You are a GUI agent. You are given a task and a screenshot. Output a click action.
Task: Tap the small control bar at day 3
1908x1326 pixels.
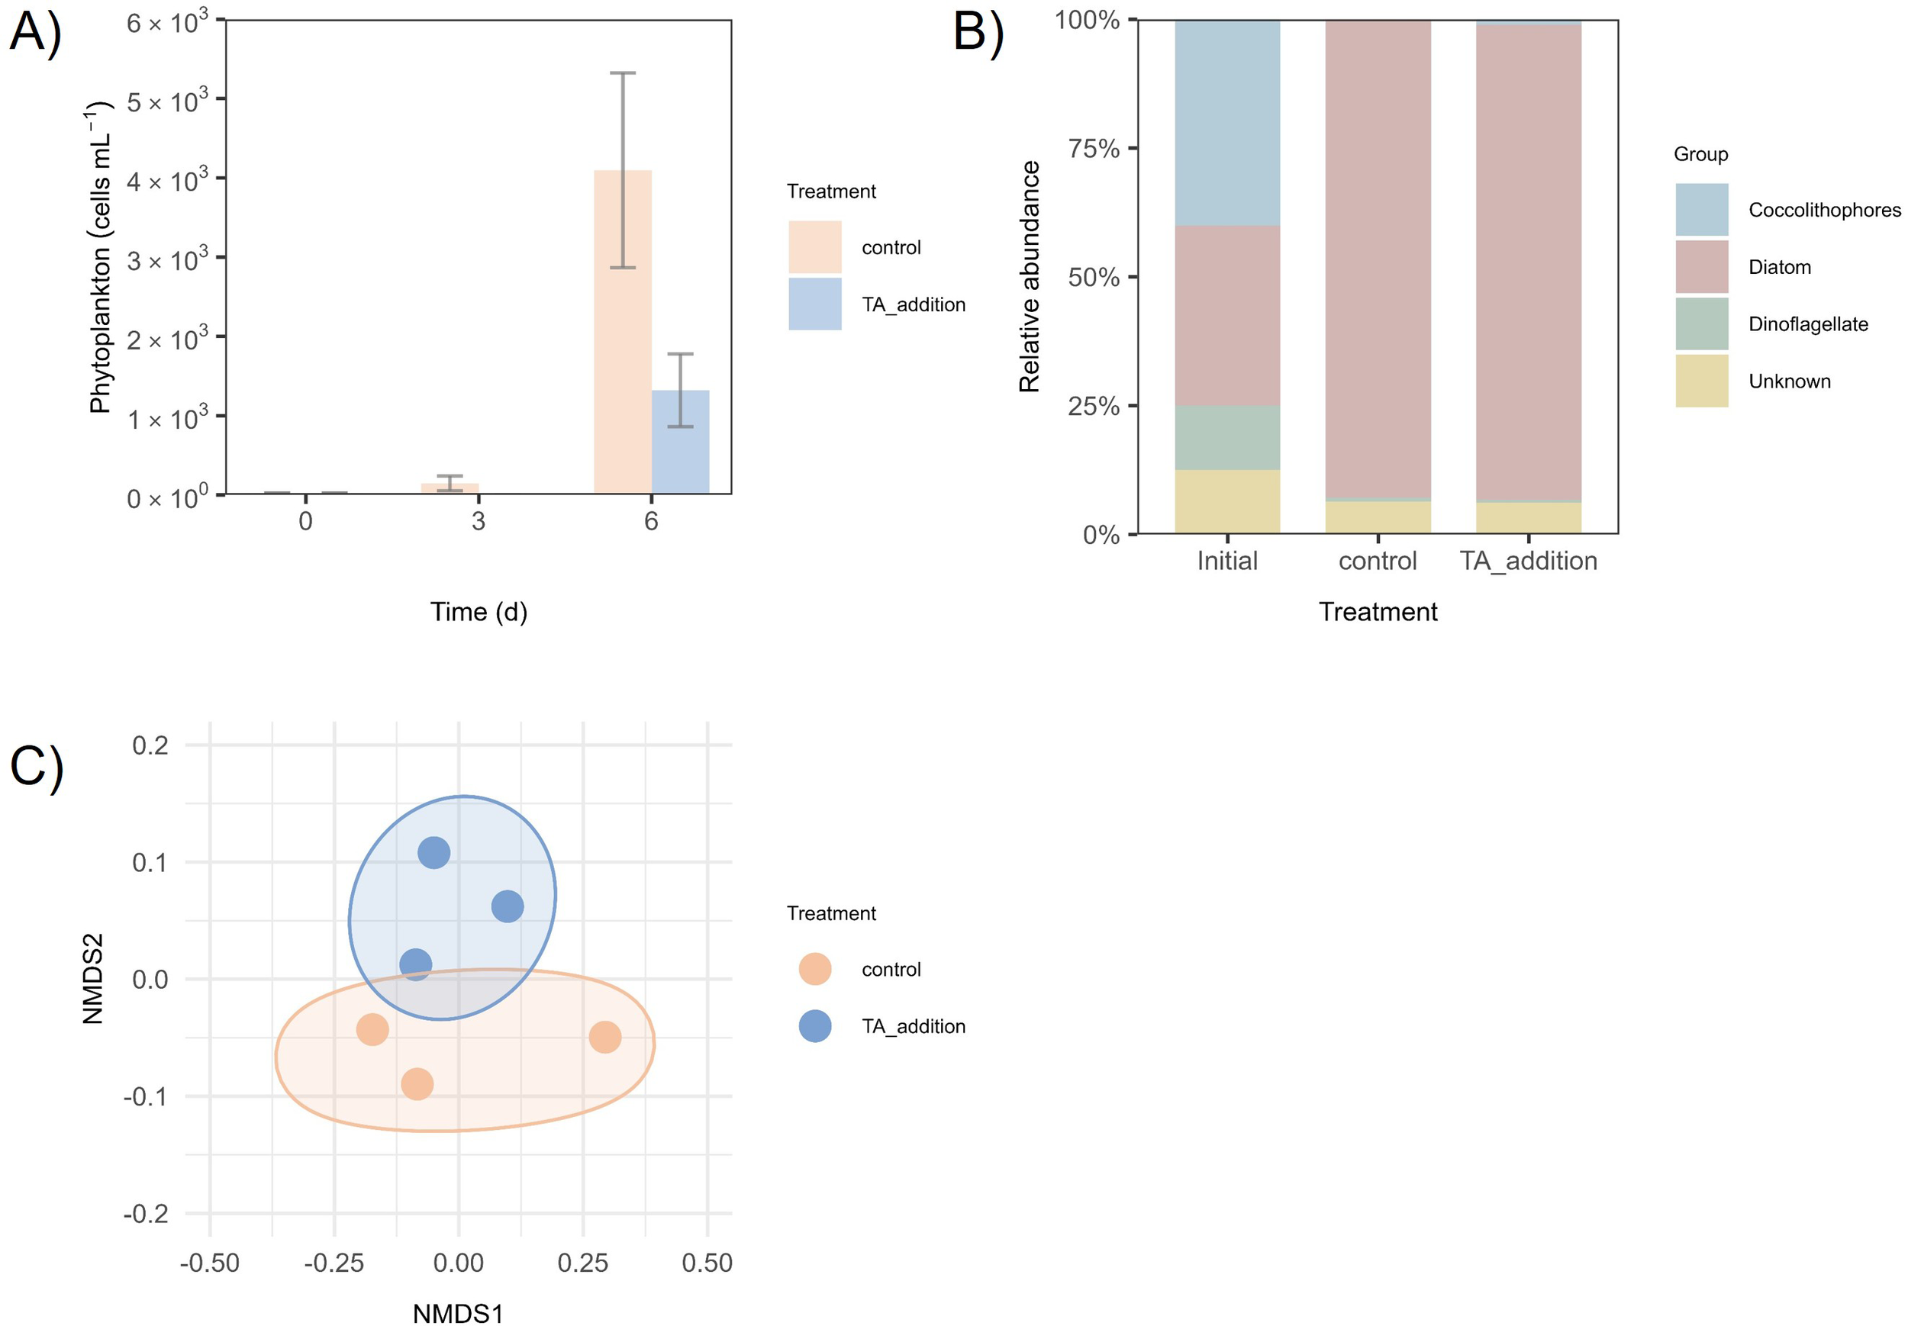[x=450, y=488]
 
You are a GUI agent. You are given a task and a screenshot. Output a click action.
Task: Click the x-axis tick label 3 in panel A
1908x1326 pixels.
[x=478, y=521]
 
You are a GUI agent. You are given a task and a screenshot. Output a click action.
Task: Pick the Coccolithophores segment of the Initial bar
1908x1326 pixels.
[x=1226, y=123]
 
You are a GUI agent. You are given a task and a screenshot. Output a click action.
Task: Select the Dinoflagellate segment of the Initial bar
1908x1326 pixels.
[x=1226, y=438]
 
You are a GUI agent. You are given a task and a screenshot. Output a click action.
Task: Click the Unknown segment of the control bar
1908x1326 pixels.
[x=1377, y=517]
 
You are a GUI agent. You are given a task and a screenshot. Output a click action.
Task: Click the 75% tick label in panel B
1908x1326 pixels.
[x=1093, y=149]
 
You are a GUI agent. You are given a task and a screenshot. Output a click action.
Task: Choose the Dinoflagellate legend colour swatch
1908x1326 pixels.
[x=1701, y=324]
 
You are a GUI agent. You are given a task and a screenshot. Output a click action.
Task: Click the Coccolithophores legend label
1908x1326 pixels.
[x=1824, y=211]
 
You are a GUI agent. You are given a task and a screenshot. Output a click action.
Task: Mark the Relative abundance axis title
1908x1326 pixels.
[x=1029, y=276]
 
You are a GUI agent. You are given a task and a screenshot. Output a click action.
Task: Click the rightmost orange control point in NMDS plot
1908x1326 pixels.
[x=605, y=1037]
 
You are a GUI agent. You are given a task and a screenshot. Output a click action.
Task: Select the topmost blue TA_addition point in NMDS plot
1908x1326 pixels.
[x=433, y=852]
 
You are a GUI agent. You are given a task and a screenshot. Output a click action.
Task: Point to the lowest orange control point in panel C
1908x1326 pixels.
[x=417, y=1083]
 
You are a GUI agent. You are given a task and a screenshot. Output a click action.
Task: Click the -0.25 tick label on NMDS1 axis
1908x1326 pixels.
[x=334, y=1263]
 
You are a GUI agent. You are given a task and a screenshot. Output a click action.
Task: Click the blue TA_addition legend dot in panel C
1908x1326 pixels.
[x=814, y=1026]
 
